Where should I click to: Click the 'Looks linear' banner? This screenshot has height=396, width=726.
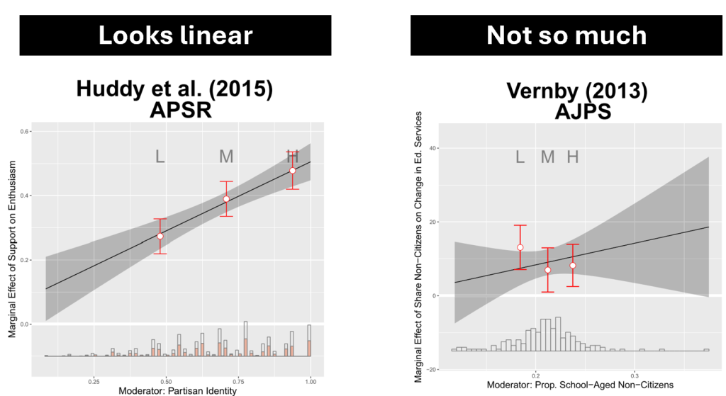[x=174, y=35]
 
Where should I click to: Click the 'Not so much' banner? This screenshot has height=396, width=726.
[x=566, y=35]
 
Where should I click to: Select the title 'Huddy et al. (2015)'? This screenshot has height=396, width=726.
[x=174, y=89]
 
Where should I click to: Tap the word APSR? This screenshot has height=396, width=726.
[x=174, y=112]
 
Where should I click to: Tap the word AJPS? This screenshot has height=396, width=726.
[x=566, y=113]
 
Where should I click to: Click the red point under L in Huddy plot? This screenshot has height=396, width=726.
[x=160, y=236]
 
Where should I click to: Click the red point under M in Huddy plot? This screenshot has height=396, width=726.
[x=226, y=199]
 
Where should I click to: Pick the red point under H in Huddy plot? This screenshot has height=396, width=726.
[x=292, y=170]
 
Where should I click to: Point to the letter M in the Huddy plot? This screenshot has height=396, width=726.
[x=226, y=157]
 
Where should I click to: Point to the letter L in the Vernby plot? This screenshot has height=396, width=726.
[x=520, y=157]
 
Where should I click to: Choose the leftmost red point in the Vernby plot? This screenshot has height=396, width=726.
[x=520, y=247]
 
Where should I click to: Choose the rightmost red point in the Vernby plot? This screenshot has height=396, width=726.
[x=573, y=266]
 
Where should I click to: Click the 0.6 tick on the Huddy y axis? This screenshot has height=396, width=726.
[x=24, y=132]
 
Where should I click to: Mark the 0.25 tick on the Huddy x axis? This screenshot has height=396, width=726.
[x=94, y=381]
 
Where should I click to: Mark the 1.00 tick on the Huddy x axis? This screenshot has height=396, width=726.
[x=310, y=381]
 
